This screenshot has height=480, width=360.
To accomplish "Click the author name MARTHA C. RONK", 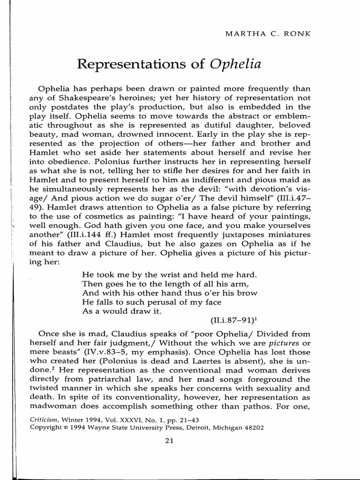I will click(x=292, y=35).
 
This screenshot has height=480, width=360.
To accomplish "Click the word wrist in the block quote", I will click(x=154, y=274).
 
